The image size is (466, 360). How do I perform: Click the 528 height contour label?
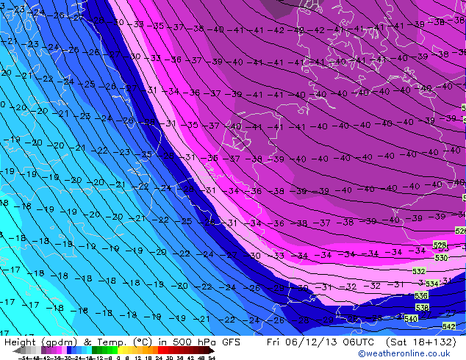[x=440, y=245]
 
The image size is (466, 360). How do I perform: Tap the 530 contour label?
[x=441, y=258]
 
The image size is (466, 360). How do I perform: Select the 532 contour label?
[x=419, y=271]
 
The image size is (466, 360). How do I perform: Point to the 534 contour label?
[x=432, y=284]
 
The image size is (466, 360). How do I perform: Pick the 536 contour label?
[x=421, y=295]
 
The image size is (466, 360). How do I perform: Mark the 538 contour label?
[x=422, y=307]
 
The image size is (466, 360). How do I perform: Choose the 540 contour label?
[x=411, y=318]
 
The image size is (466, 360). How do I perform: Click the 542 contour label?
[x=449, y=325]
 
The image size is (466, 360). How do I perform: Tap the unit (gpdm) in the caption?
[x=59, y=342]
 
